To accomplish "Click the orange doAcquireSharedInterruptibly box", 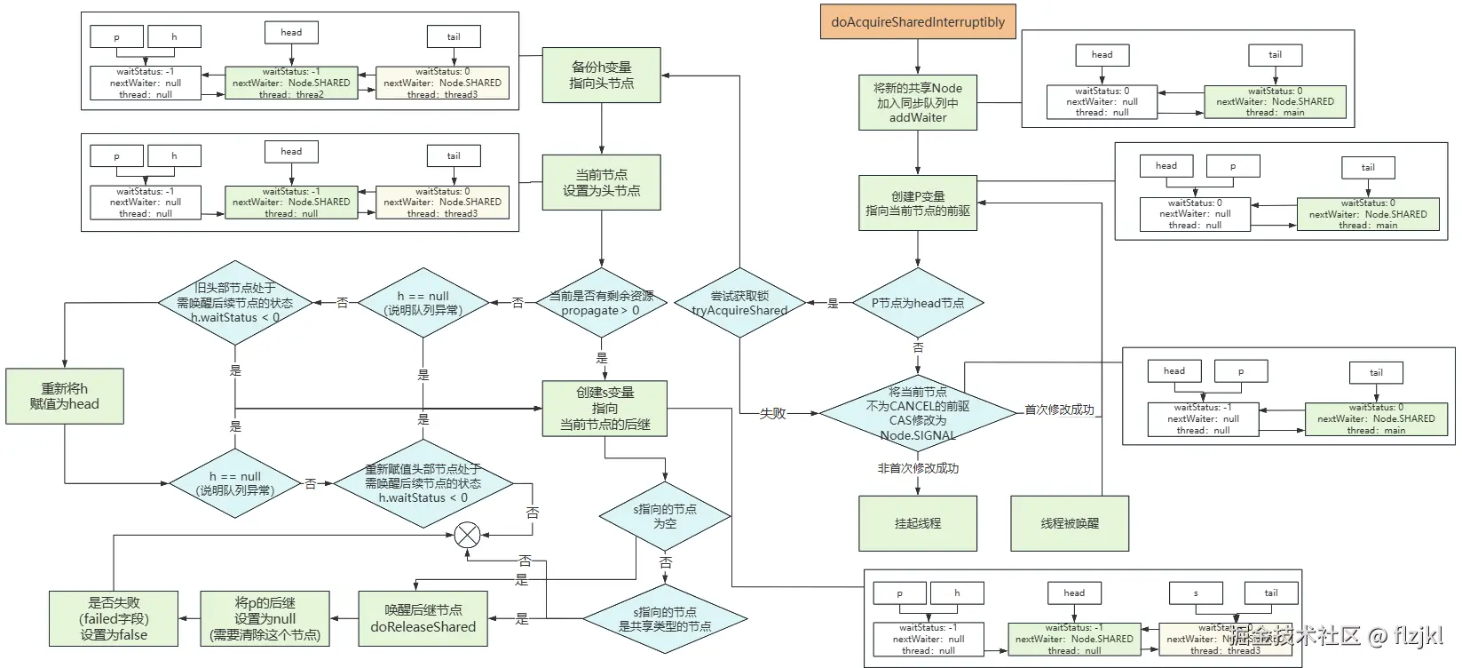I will pyautogui.click(x=918, y=22).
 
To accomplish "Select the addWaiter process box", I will pyautogui.click(x=918, y=103).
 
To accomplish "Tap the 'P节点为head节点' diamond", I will pyautogui.click(x=918, y=303).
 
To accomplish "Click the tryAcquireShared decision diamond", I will pyautogui.click(x=739, y=303).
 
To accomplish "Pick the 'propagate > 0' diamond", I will pyautogui.click(x=601, y=303).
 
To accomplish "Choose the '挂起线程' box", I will pyautogui.click(x=918, y=524).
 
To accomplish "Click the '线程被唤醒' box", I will pyautogui.click(x=1070, y=524).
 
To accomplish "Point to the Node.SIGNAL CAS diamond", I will pyautogui.click(x=918, y=413).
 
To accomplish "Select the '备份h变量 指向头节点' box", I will pyautogui.click(x=602, y=75).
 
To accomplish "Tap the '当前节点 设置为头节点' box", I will pyautogui.click(x=602, y=183).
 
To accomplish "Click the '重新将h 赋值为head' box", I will pyautogui.click(x=65, y=396).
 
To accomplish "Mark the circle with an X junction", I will pyautogui.click(x=467, y=535).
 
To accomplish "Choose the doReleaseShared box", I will pyautogui.click(x=423, y=618).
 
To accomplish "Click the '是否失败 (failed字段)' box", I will pyautogui.click(x=114, y=618).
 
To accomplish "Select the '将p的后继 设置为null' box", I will pyautogui.click(x=265, y=618).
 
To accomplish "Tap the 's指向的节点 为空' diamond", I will pyautogui.click(x=665, y=516).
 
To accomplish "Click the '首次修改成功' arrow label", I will pyautogui.click(x=1059, y=410).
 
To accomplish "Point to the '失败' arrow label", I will pyautogui.click(x=772, y=413).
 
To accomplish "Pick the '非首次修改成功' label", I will pyautogui.click(x=918, y=468).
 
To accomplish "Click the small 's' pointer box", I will pyautogui.click(x=1196, y=593).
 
